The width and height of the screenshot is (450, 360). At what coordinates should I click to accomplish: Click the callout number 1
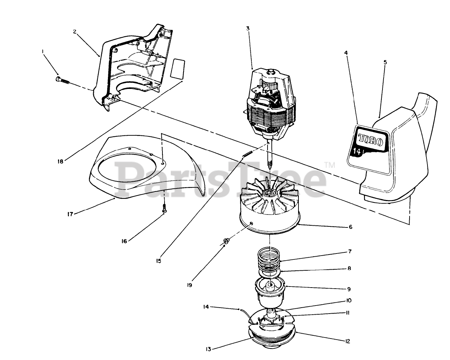click(43, 51)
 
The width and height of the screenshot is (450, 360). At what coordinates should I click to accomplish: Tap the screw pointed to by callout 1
click(62, 80)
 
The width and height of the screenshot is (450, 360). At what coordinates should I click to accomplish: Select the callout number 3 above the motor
click(248, 28)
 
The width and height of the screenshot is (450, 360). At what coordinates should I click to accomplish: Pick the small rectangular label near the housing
click(178, 68)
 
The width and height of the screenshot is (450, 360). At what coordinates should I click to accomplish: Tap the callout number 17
click(70, 214)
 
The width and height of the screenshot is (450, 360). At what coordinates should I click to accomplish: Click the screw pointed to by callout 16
click(164, 208)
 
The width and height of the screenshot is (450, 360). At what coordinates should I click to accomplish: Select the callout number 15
click(159, 261)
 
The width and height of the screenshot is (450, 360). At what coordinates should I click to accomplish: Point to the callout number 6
click(350, 227)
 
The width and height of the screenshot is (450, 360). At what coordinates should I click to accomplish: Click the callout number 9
click(349, 289)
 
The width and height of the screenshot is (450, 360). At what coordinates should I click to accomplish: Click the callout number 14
click(206, 307)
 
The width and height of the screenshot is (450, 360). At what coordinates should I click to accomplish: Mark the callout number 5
click(385, 62)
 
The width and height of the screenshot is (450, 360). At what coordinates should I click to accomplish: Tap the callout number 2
click(75, 31)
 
